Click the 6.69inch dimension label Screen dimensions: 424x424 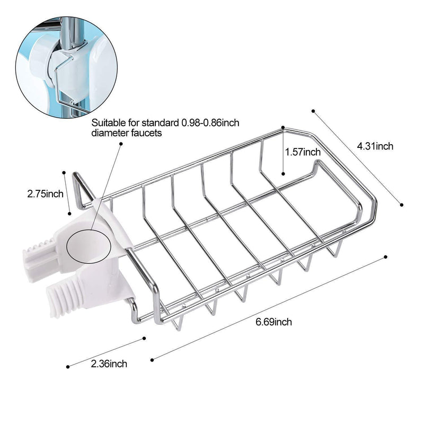click(x=273, y=322)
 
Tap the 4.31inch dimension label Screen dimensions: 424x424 click(x=375, y=146)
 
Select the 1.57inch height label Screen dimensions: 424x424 click(x=303, y=152)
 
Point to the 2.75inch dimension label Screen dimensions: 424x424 click(x=45, y=194)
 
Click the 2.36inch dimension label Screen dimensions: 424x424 click(x=109, y=364)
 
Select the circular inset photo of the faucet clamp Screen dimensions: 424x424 click(x=66, y=67)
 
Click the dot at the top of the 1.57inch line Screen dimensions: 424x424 click(x=283, y=127)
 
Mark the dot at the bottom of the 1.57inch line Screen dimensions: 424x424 click(x=283, y=174)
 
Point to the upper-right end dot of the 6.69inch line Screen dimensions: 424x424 click(x=386, y=257)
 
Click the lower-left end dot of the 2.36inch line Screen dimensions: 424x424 click(x=68, y=367)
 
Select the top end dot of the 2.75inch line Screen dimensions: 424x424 click(x=64, y=173)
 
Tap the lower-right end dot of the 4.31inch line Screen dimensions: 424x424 click(x=402, y=205)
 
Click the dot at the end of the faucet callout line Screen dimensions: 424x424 click(x=121, y=144)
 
